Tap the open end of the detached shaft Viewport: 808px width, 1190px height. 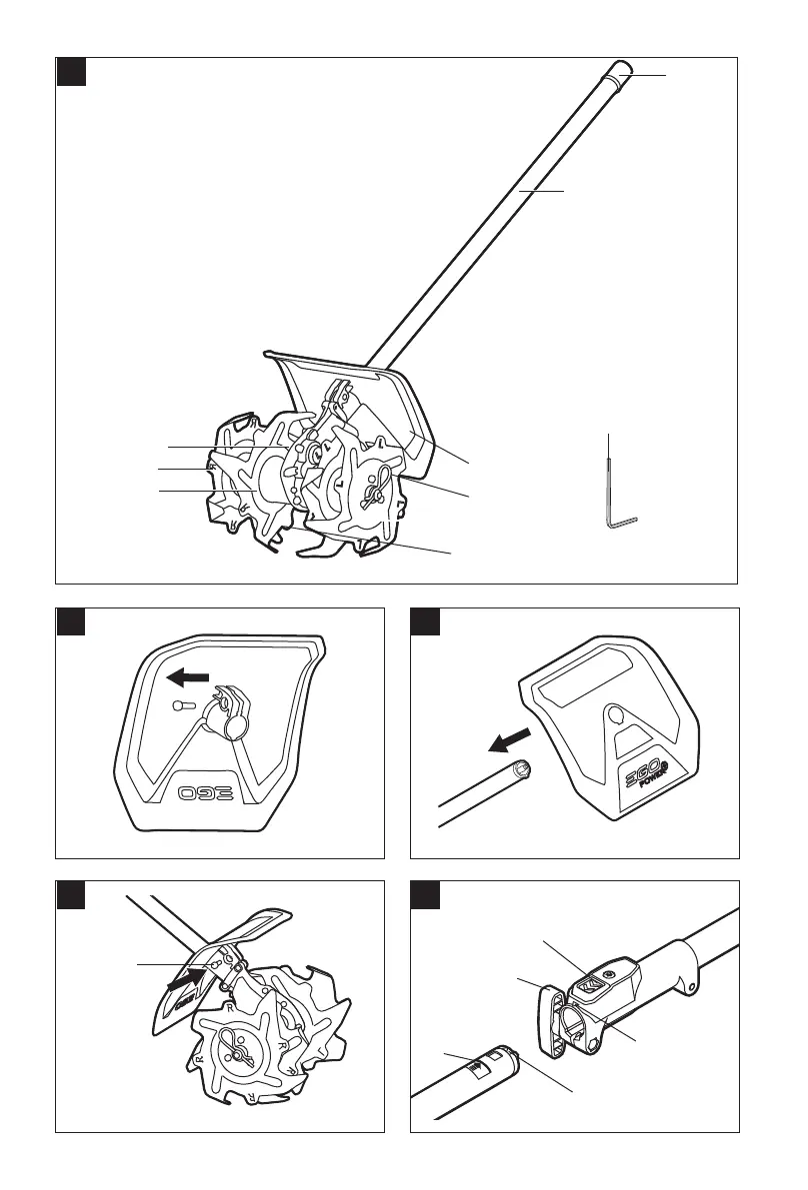click(523, 770)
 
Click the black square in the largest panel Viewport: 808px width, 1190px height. click(70, 72)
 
